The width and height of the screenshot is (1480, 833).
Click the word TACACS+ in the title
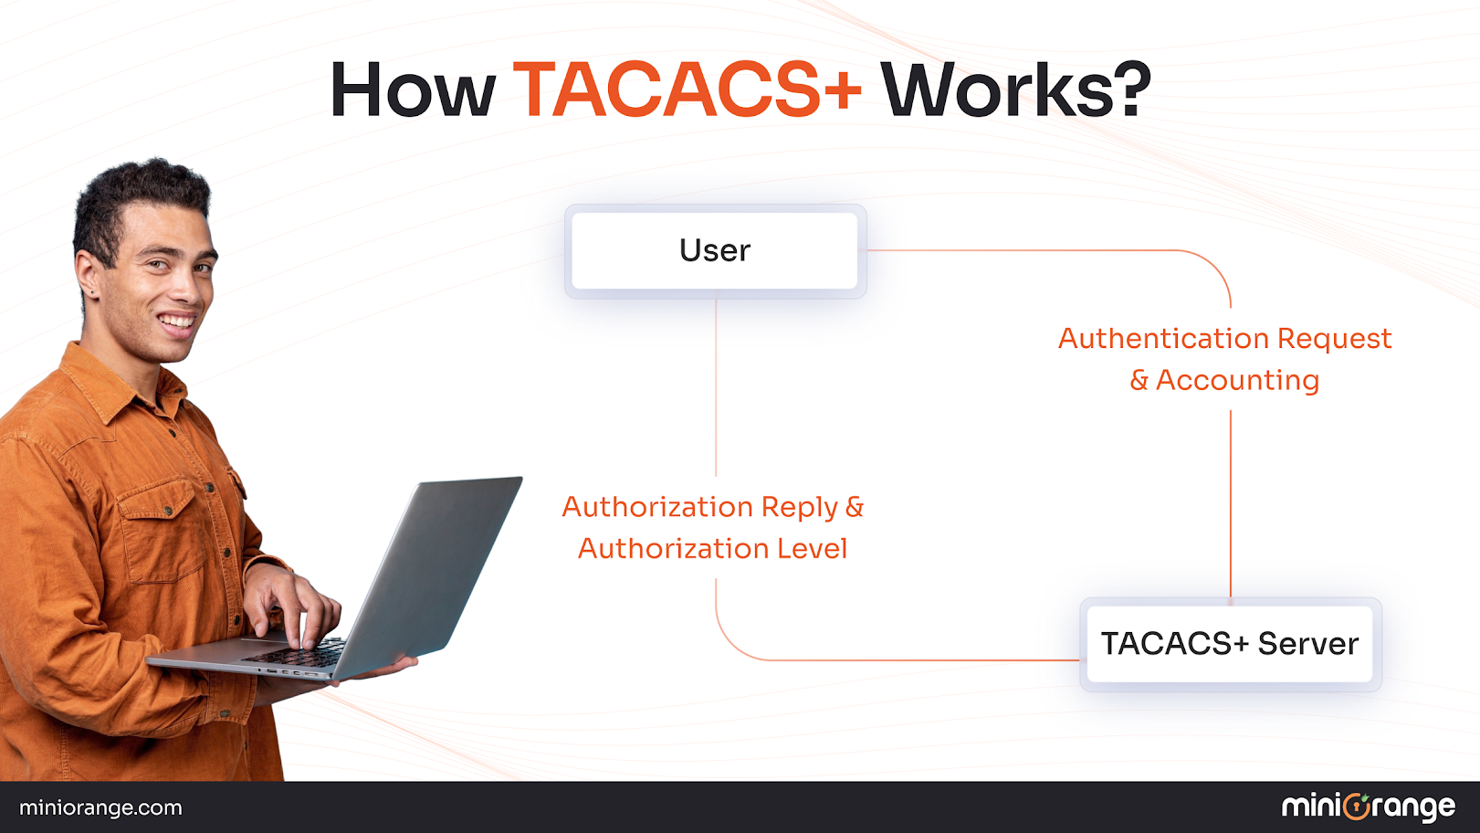(x=688, y=90)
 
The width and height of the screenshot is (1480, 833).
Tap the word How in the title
(x=413, y=90)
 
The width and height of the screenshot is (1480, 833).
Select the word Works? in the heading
(x=1015, y=90)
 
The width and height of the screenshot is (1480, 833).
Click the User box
(x=715, y=250)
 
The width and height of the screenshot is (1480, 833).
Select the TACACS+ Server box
(x=1230, y=644)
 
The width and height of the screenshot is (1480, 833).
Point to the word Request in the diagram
(x=1334, y=339)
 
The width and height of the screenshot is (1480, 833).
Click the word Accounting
(x=1237, y=380)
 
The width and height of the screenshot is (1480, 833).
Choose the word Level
(x=812, y=549)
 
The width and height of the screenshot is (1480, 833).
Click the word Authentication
(x=1163, y=339)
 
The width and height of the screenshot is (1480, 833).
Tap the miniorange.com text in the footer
(x=100, y=807)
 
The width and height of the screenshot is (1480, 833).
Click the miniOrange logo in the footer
(x=1368, y=807)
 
